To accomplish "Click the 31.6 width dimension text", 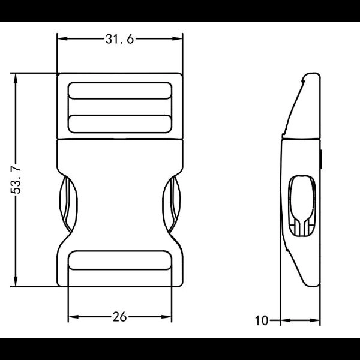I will coord(119,40).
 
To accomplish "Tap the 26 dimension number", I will coord(119,317).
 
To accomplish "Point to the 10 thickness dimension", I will coord(261,321).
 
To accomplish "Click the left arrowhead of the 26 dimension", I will coord(73,317).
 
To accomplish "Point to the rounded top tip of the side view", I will coord(311,76).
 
